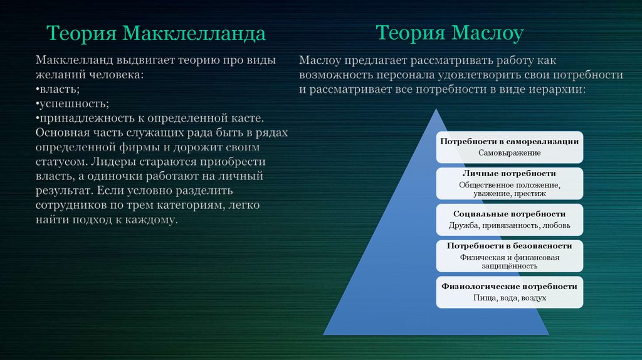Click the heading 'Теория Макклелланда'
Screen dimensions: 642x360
pyautogui.click(x=156, y=33)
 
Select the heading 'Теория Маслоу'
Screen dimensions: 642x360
pyautogui.click(x=450, y=33)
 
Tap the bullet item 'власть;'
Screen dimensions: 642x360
pyautogui.click(x=58, y=89)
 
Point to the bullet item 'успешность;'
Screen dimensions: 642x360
pyautogui.click(x=73, y=104)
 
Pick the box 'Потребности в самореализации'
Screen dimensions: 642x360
pyautogui.click(x=509, y=147)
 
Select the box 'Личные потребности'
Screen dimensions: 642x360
pyautogui.click(x=509, y=183)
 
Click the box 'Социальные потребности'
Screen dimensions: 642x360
pyautogui.click(x=509, y=220)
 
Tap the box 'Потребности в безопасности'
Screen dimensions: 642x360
pyautogui.click(x=509, y=256)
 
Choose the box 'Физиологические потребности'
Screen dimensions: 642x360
pyautogui.click(x=509, y=292)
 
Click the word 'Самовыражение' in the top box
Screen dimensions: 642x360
pyautogui.click(x=509, y=153)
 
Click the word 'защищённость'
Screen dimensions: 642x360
pyautogui.click(x=509, y=266)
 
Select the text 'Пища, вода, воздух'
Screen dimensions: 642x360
pyautogui.click(x=509, y=298)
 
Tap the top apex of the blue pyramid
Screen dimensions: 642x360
pyautogui.click(x=436, y=109)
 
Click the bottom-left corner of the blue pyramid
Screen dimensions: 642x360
pyautogui.click(x=324, y=335)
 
